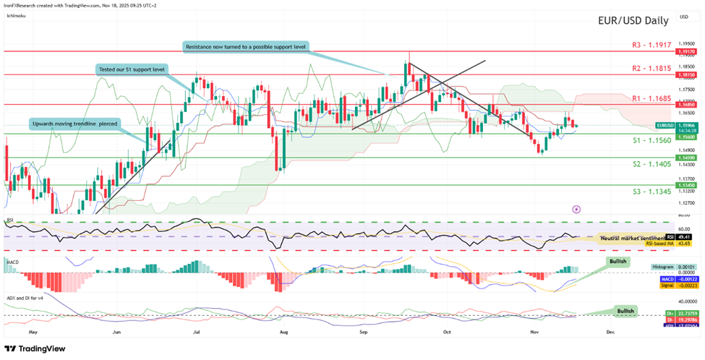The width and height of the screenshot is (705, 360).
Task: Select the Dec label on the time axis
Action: (x=610, y=331)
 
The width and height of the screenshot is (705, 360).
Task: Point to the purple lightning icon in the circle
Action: (x=576, y=208)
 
